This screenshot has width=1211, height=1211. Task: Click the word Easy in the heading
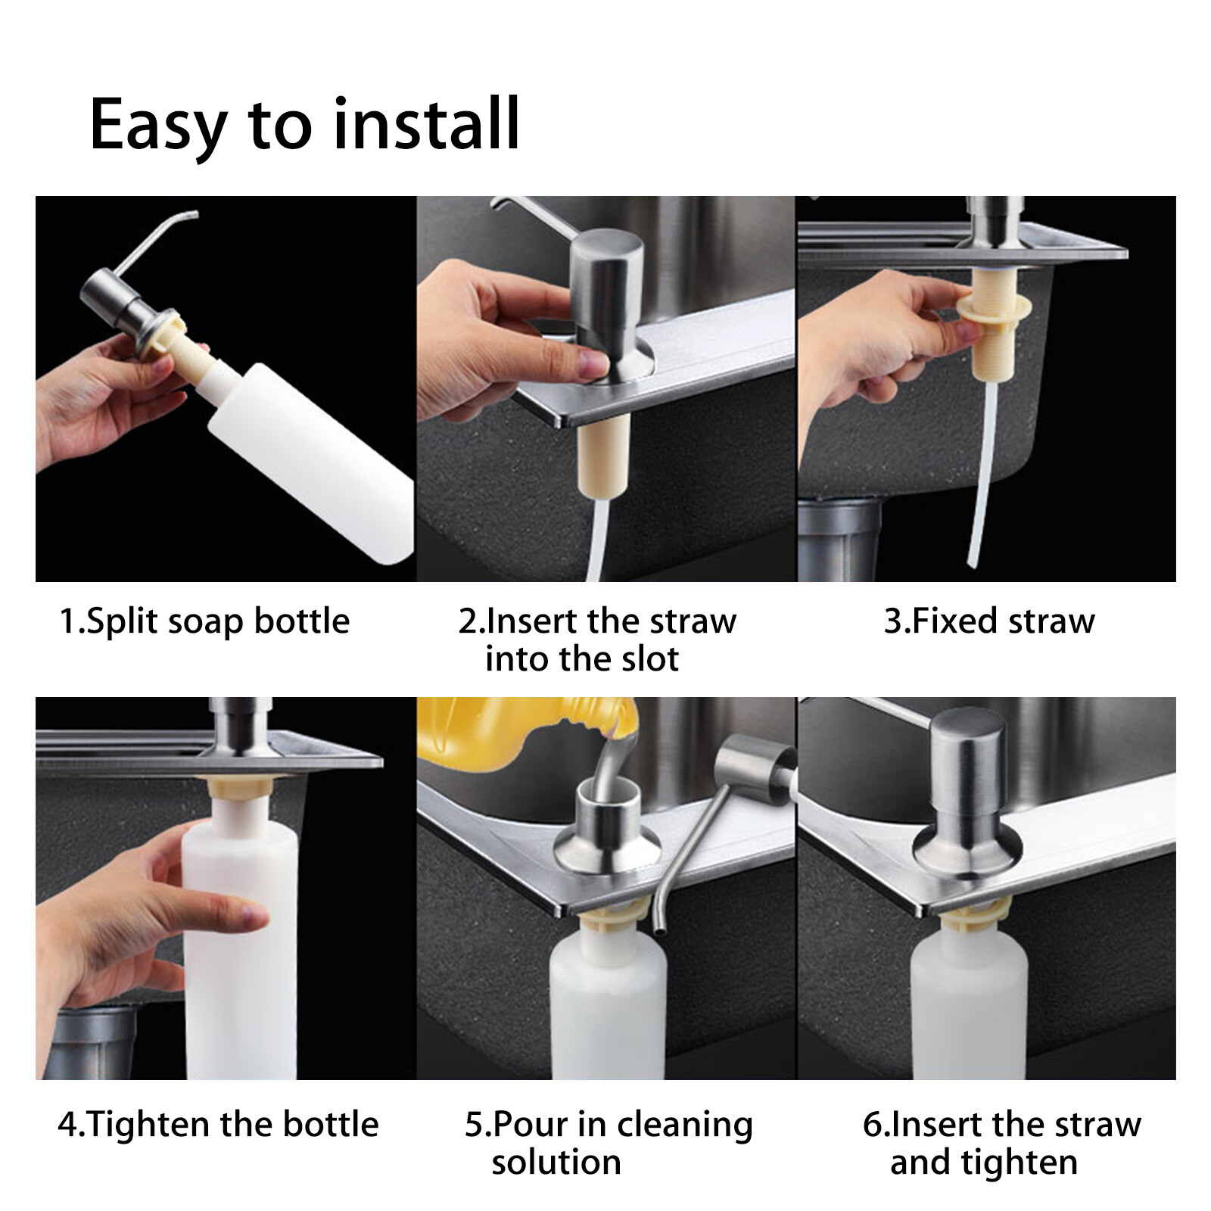pos(157,125)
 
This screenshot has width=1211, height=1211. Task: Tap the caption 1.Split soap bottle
pos(204,621)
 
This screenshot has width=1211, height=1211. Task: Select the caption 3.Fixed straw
pos(989,621)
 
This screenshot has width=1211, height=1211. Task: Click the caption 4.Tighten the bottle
pos(218,1124)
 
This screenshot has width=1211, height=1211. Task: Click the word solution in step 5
pos(556,1162)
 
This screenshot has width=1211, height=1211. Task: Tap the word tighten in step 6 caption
pos(1020,1162)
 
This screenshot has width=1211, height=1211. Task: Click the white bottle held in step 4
pos(238,946)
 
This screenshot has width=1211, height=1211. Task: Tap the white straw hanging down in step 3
pos(984,469)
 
